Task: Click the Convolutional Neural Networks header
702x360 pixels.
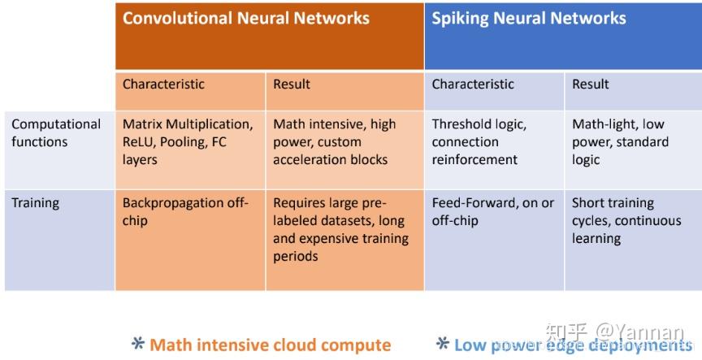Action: coord(246,18)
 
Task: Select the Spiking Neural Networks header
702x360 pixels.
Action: coord(529,18)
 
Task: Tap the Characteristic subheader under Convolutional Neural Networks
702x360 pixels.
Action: coord(163,84)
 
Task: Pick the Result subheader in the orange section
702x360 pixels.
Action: coord(292,84)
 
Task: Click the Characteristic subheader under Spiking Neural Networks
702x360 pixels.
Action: coord(473,84)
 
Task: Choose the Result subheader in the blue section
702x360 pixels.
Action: coord(591,84)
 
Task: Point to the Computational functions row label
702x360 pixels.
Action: coord(56,133)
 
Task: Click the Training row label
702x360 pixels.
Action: coord(36,203)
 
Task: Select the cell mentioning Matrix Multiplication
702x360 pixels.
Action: coord(188,142)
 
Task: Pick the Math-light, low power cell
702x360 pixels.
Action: coord(620,142)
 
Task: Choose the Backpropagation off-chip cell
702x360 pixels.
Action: coord(185,212)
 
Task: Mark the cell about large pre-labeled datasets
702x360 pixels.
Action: coord(340,229)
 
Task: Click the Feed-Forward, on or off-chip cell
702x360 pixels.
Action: coord(492,212)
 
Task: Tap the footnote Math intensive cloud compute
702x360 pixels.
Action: coord(270,345)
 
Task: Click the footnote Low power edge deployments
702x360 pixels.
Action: coord(572,345)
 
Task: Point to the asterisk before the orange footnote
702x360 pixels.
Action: coord(138,345)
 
